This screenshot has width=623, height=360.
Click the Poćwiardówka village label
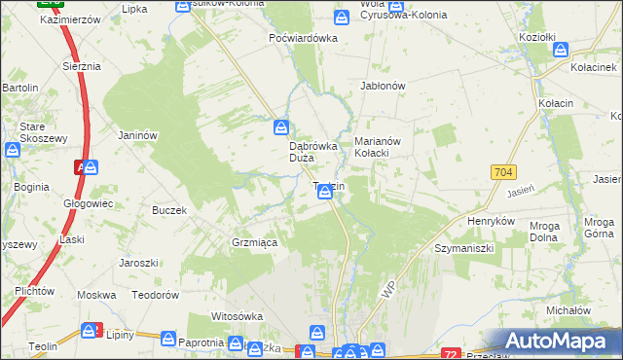pyautogui.click(x=303, y=38)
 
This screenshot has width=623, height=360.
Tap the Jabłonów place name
pyautogui.click(x=383, y=85)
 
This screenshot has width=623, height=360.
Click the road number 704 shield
pyautogui.click(x=502, y=172)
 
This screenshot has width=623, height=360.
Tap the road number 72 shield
pyautogui.click(x=449, y=352)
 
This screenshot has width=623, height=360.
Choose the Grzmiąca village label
pyautogui.click(x=254, y=242)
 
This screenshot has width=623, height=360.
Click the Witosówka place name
pyautogui.click(x=238, y=316)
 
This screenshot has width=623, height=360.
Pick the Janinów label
pyautogui.click(x=137, y=135)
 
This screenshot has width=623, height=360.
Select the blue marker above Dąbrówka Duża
pyautogui.click(x=281, y=126)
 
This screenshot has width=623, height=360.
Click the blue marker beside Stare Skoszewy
pyautogui.click(x=13, y=151)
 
